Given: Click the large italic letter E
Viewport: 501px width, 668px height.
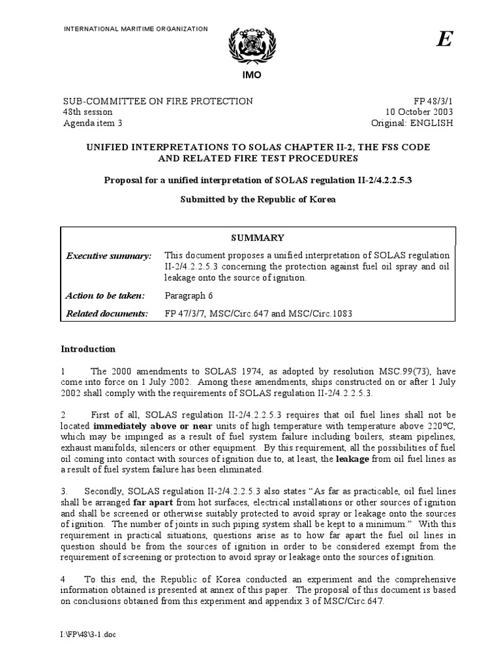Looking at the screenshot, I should (x=444, y=40).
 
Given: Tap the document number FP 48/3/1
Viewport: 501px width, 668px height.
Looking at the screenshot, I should (x=433, y=101).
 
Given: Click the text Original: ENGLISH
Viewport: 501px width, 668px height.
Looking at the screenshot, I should (x=412, y=123).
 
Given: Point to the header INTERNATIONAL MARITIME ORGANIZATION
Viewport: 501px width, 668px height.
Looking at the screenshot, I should (x=135, y=29).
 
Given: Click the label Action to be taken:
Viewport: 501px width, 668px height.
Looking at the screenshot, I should (x=105, y=295).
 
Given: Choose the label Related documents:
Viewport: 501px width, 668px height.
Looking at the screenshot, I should (x=107, y=314).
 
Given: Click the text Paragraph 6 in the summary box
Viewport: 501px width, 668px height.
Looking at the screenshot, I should (x=189, y=295).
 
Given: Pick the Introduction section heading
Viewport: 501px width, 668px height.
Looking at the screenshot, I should (x=88, y=349).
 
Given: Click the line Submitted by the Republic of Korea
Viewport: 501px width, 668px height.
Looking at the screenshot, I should (x=258, y=199).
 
